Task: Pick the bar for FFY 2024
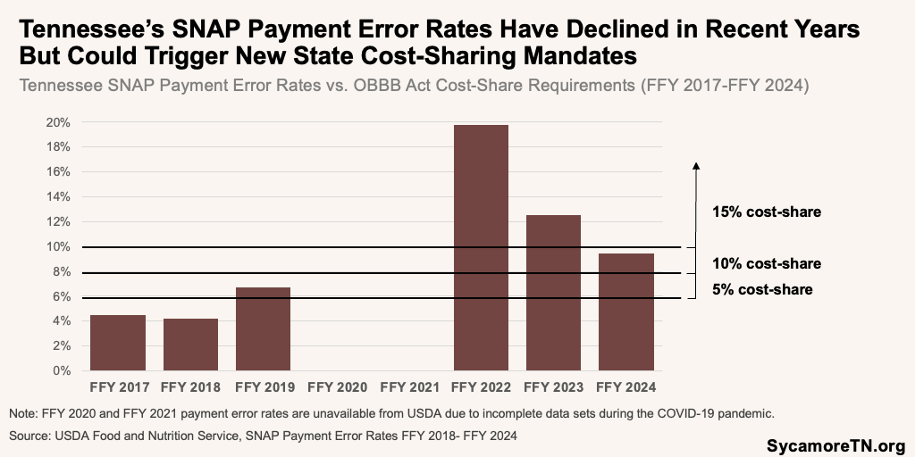click(625, 312)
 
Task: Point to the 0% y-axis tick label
click(60, 370)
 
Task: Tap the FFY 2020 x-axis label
click(336, 387)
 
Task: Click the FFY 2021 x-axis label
click(408, 387)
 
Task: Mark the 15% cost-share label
click(766, 212)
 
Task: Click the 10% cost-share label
click(766, 263)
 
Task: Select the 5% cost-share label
click(762, 289)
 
